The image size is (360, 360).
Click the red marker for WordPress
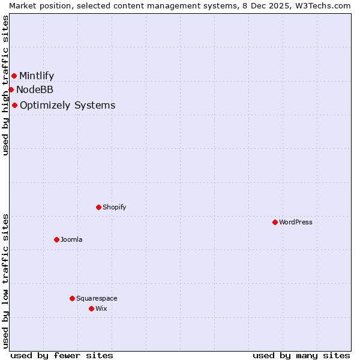coord(275,222)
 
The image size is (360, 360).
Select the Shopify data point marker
coord(98,207)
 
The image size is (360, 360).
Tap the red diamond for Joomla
coord(56,239)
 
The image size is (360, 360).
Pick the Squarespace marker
coord(72,298)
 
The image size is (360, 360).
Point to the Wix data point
coord(91,308)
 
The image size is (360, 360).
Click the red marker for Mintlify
coord(14,76)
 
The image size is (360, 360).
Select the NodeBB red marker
coord(11,89)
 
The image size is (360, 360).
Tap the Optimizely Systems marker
coord(14,105)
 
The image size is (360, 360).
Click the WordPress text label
coord(296,222)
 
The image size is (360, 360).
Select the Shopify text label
coord(114,207)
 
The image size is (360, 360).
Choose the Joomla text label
coord(71,239)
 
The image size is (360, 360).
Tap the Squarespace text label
coord(97,298)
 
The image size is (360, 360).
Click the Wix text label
coord(101,308)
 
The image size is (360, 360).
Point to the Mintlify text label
coord(37,76)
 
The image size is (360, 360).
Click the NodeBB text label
coord(35,90)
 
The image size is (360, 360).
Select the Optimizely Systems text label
coord(68,106)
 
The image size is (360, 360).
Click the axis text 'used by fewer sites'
coord(62,355)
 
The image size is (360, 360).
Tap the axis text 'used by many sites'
coord(301,355)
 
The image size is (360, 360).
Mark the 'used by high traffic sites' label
coord(5,85)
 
